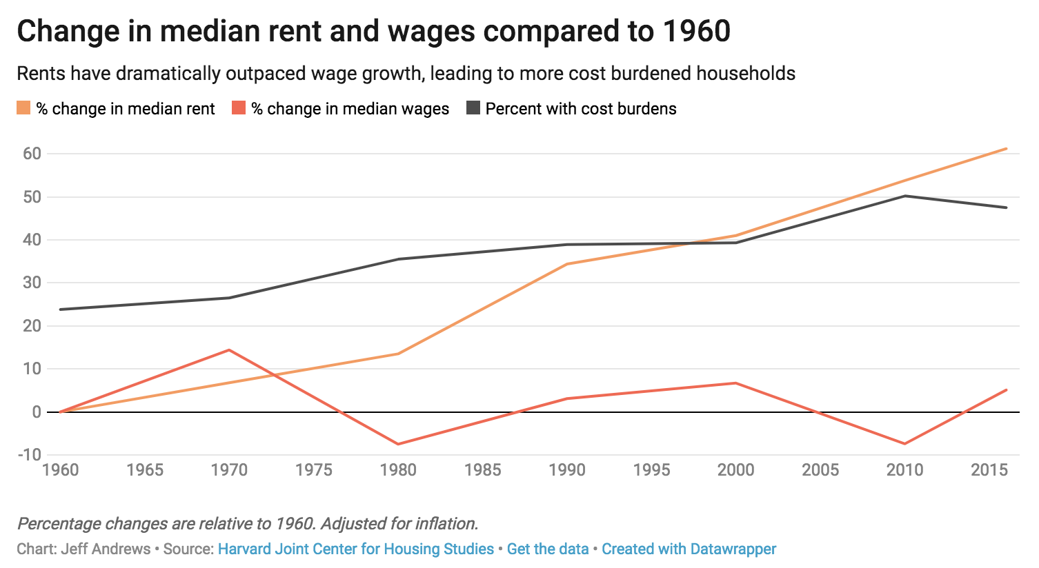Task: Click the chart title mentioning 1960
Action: pos(373,32)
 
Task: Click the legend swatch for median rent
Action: pos(23,108)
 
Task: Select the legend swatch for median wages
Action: pos(239,108)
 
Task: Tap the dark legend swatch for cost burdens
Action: pos(473,108)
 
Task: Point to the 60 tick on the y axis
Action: pos(32,154)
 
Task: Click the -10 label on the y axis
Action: pos(29,455)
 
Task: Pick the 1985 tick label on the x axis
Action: pos(482,470)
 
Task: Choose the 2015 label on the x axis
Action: pos(989,470)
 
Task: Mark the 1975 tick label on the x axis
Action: pos(314,470)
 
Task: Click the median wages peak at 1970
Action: pos(229,350)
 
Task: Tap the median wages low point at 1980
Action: pos(398,444)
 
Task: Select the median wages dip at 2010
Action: pos(904,444)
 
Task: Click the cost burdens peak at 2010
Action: pos(904,196)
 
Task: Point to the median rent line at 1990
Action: pos(567,264)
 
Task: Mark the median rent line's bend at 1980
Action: pos(398,354)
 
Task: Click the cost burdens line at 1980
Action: pos(398,259)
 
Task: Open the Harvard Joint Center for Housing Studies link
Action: pos(355,549)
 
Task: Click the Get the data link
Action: pos(548,549)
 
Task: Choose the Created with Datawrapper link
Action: pos(689,549)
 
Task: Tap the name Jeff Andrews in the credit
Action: pos(106,549)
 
